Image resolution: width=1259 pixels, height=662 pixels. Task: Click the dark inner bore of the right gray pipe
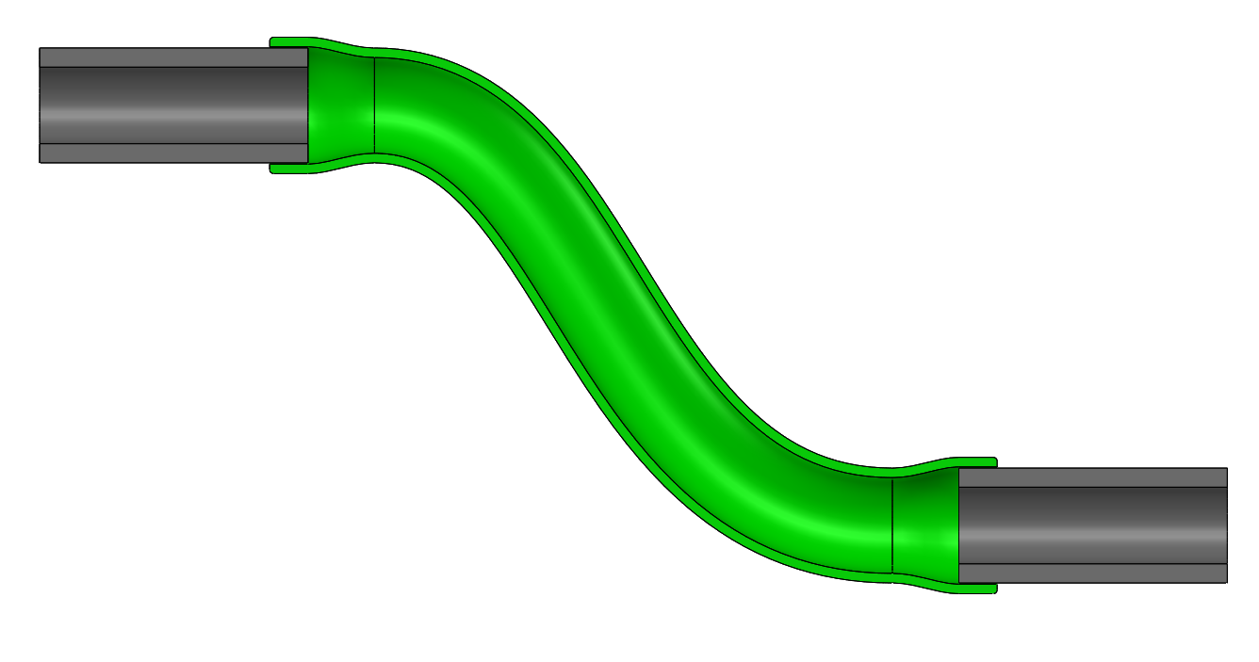1093,525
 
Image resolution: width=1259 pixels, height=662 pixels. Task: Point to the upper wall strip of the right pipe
1093,477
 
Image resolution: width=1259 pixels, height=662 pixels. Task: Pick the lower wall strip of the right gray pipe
1093,573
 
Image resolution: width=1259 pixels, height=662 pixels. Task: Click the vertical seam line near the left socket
375,105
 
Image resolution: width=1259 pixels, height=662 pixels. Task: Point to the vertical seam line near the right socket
891,525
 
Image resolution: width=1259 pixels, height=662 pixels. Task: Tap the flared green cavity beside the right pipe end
925,525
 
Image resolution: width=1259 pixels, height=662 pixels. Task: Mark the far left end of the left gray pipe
41,105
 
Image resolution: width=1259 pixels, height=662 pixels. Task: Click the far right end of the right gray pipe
1225,525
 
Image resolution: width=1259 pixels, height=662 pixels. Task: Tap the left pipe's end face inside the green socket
307,105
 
